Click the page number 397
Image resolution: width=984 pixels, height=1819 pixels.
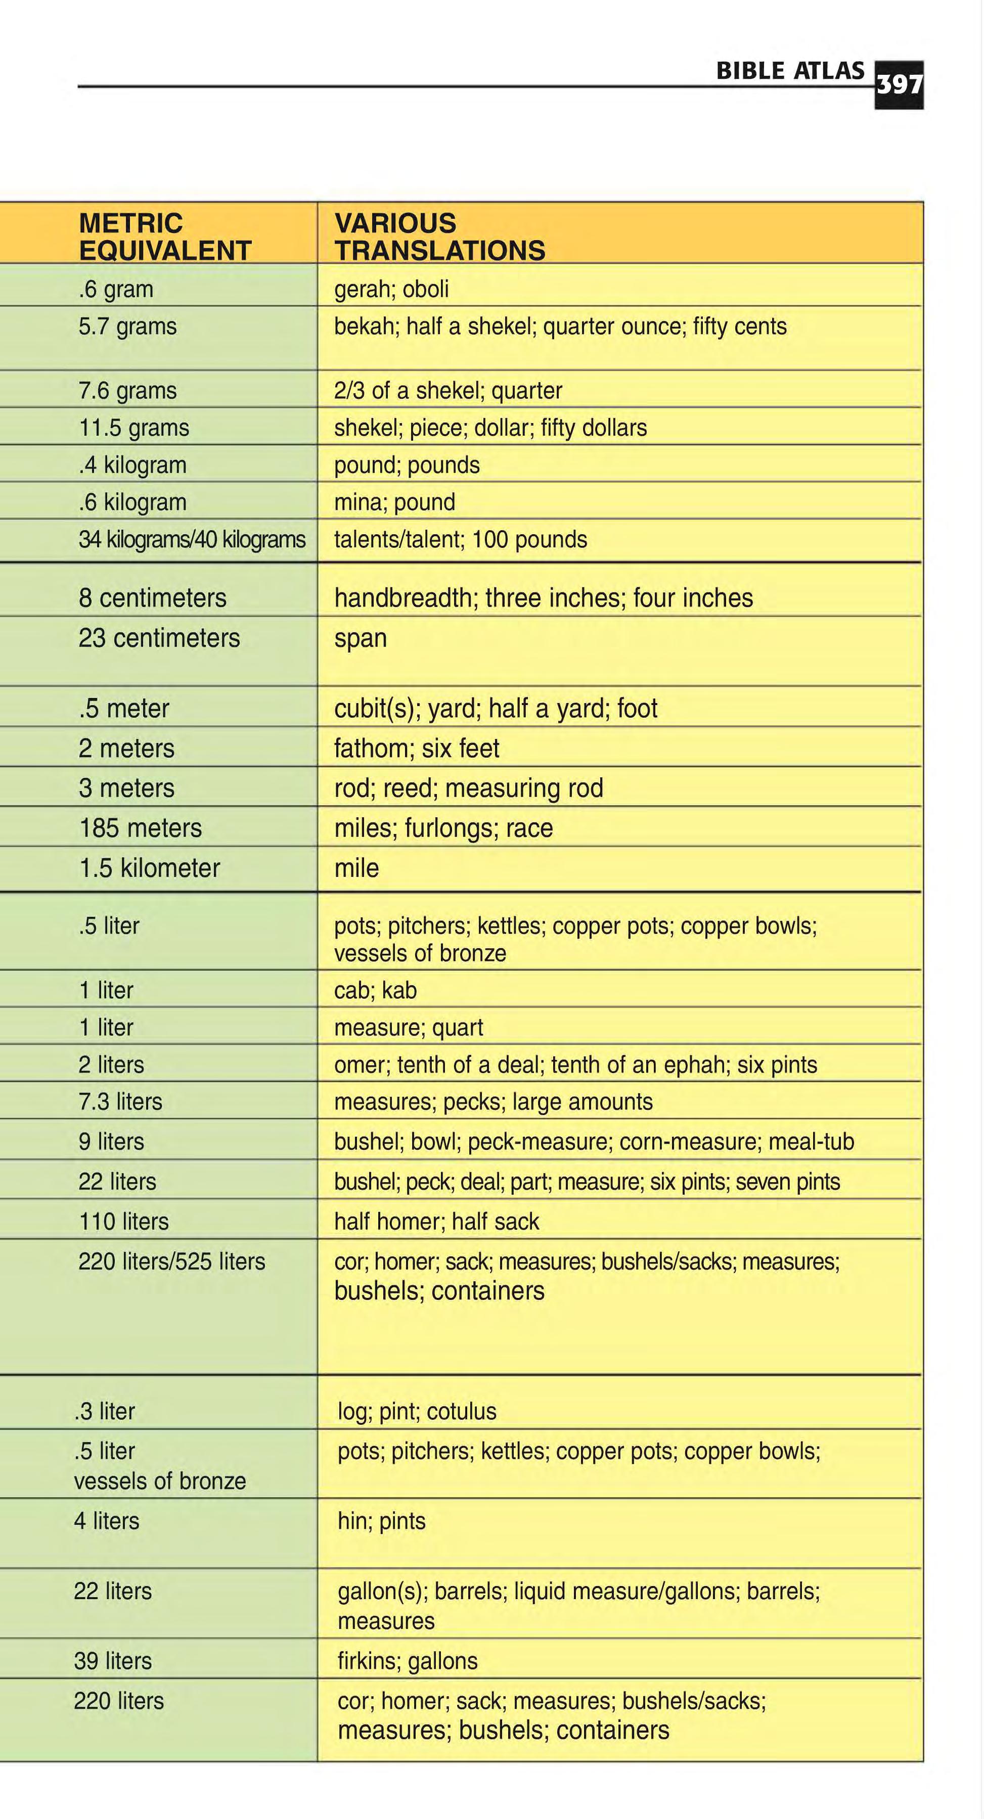coord(899,85)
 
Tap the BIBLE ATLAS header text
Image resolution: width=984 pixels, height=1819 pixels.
coord(790,71)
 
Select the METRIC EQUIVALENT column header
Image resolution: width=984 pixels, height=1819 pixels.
coord(164,237)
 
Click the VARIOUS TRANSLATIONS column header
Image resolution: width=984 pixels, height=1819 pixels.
coord(439,237)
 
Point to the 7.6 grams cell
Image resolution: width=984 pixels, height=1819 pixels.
coord(127,391)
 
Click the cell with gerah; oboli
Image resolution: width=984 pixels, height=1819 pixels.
coord(391,289)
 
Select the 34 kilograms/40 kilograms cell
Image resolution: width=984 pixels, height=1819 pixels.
coord(192,539)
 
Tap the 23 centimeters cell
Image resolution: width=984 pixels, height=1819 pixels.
coord(159,638)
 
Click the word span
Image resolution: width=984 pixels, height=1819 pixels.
coord(360,638)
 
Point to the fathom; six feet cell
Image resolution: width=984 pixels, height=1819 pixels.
coord(416,749)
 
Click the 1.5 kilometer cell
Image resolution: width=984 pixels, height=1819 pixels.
coord(149,868)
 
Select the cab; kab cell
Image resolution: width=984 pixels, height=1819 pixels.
coord(375,991)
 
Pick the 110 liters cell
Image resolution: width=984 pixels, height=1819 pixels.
coord(123,1222)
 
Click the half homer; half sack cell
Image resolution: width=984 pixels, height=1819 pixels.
coord(436,1222)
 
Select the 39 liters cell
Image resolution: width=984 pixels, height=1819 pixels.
coord(113,1661)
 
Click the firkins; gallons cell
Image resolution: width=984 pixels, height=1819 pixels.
coord(408,1661)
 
